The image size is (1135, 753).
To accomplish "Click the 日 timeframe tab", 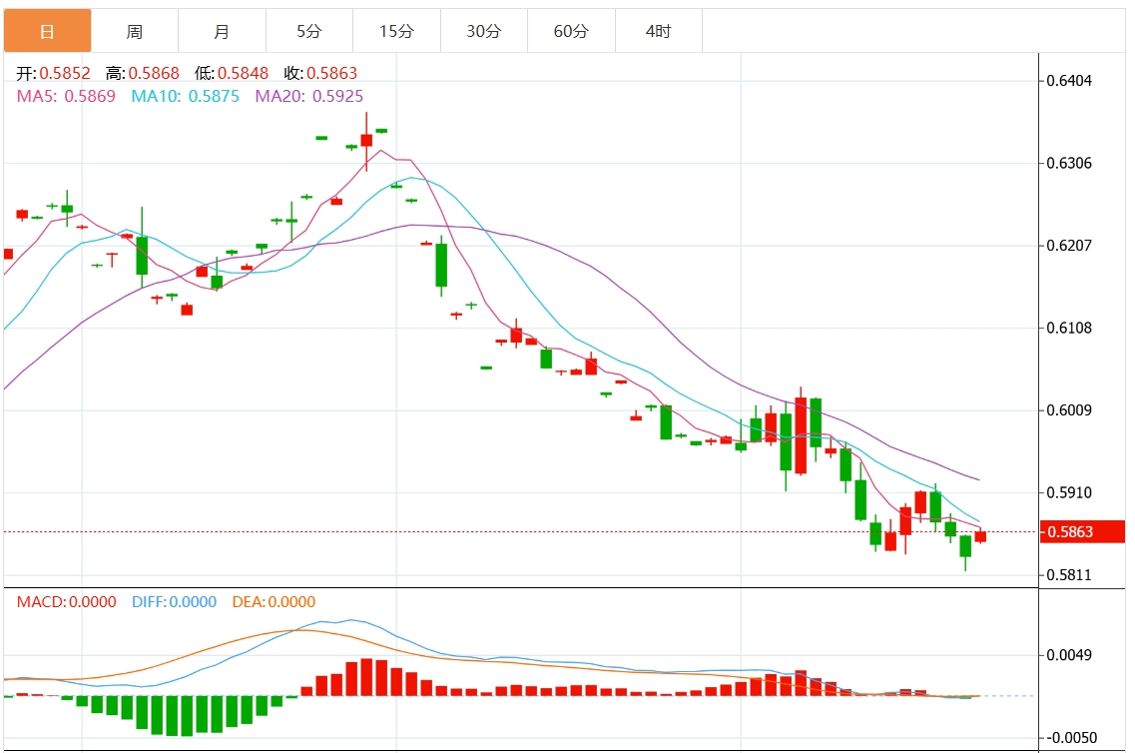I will tap(47, 31).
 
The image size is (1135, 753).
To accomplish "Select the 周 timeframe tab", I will tap(135, 31).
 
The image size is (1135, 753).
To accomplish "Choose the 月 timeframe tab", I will tap(222, 31).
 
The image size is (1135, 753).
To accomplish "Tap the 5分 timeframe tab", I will tap(309, 31).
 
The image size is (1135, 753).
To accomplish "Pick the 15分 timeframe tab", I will tap(396, 31).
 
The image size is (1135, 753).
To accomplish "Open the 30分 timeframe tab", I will tap(484, 31).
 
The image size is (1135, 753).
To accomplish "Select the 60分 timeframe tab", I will tap(571, 31).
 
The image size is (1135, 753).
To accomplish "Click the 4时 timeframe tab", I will tap(659, 31).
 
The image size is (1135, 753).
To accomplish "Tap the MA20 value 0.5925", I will tap(337, 96).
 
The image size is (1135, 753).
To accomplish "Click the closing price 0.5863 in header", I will tap(331, 73).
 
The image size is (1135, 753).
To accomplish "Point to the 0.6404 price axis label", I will tap(1069, 80).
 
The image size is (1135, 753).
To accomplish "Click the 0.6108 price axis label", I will tap(1069, 328).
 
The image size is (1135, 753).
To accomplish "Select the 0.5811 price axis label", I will tap(1069, 575).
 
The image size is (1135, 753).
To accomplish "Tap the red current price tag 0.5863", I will tap(1081, 532).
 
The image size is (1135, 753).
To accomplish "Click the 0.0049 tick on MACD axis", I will tap(1069, 655).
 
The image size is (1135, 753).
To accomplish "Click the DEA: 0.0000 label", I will tap(274, 601).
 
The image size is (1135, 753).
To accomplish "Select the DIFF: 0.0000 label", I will tap(174, 601).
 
